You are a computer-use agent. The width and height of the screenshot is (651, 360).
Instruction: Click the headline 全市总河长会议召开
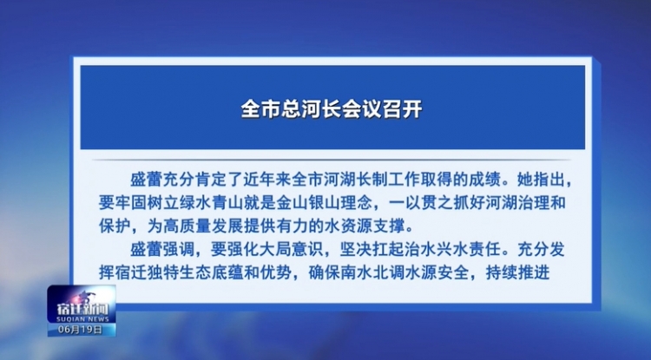[332, 109]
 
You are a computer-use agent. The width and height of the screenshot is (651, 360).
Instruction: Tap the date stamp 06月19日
[80, 330]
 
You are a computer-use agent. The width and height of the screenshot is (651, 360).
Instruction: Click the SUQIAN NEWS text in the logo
[82, 319]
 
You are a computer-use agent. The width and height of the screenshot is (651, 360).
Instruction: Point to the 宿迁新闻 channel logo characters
[82, 309]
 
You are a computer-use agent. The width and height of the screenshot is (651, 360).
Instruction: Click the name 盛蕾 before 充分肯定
[146, 180]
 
